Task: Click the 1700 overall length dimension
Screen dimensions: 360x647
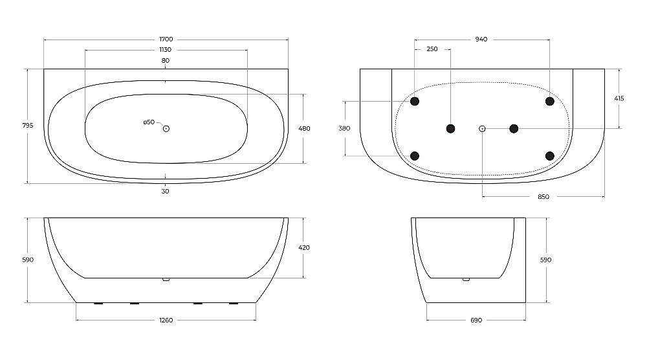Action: (166, 39)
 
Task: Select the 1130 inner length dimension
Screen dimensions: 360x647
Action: (166, 50)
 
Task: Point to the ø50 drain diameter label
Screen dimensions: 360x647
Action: (149, 122)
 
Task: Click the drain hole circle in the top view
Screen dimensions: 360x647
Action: (166, 128)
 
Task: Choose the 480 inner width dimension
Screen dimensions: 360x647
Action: (304, 128)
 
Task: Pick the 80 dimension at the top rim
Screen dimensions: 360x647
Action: (166, 60)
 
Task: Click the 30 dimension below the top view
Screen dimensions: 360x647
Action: (166, 191)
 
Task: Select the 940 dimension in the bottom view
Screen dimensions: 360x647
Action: (481, 39)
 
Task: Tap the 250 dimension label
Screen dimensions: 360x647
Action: (432, 50)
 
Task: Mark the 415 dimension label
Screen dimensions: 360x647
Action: (619, 98)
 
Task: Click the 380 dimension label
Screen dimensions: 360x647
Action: (344, 128)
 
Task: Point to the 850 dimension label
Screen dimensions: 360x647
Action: (543, 197)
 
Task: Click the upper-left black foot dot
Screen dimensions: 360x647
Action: (415, 101)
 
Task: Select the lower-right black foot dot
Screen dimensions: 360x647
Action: (549, 155)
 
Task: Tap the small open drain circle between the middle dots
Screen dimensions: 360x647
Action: (482, 128)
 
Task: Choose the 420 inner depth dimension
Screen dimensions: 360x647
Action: (304, 247)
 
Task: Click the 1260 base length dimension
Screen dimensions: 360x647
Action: (166, 320)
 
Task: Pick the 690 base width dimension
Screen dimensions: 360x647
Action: (476, 320)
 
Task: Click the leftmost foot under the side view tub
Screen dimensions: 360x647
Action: (99, 303)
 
